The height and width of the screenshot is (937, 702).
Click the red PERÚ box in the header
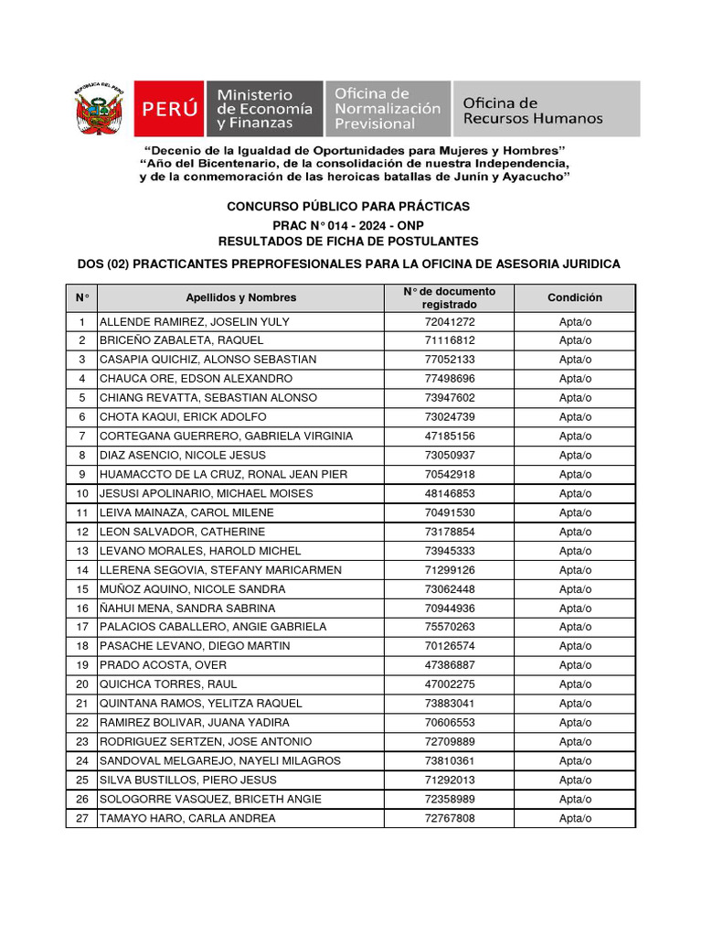pyautogui.click(x=170, y=109)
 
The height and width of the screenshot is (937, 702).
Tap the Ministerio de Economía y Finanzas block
pyautogui.click(x=264, y=109)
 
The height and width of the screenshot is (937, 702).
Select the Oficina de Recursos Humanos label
pyautogui.click(x=533, y=111)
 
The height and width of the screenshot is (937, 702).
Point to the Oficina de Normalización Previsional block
pyautogui.click(x=387, y=109)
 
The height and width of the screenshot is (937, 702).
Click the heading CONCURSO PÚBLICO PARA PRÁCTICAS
pyautogui.click(x=348, y=207)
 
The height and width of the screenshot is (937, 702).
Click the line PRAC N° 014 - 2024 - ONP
pyautogui.click(x=348, y=225)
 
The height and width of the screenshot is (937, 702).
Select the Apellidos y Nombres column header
pyautogui.click(x=240, y=297)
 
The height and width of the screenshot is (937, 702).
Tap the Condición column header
pyautogui.click(x=575, y=297)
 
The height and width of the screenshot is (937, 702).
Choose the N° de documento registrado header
pyautogui.click(x=450, y=297)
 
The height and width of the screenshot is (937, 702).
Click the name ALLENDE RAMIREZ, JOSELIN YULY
pyautogui.click(x=194, y=322)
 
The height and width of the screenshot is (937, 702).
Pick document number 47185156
pyautogui.click(x=450, y=436)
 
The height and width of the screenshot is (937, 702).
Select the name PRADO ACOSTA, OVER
pyautogui.click(x=163, y=665)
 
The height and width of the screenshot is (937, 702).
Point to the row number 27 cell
pyautogui.click(x=82, y=818)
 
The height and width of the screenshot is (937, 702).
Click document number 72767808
pyautogui.click(x=450, y=818)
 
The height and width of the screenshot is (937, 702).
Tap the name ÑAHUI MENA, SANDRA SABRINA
pyautogui.click(x=186, y=609)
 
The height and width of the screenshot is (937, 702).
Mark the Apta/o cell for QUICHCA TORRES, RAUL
pyautogui.click(x=575, y=684)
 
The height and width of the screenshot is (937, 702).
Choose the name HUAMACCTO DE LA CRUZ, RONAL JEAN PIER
pyautogui.click(x=223, y=475)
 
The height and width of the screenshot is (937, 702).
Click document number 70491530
pyautogui.click(x=450, y=512)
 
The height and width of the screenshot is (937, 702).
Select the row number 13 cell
pyautogui.click(x=82, y=551)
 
